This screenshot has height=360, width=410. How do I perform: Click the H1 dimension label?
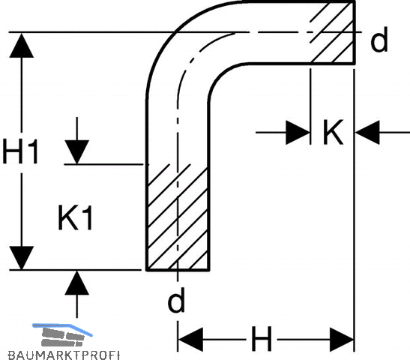tap(20, 151)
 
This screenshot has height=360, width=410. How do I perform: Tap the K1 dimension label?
tap(75, 217)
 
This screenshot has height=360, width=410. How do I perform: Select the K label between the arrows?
tap(333, 132)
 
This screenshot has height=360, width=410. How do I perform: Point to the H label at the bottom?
tap(262, 338)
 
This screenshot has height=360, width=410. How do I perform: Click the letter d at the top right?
tap(379, 39)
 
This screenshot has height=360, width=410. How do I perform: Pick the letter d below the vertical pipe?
tap(176, 299)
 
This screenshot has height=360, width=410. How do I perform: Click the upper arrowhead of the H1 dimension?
tap(22, 45)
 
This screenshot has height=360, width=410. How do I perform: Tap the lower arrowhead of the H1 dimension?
tap(22, 258)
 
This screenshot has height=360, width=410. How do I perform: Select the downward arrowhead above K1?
tap(77, 152)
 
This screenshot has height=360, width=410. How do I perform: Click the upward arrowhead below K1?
tap(77, 283)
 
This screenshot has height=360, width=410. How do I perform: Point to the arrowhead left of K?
tap(298, 133)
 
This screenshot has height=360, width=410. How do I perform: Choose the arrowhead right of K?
tap(367, 133)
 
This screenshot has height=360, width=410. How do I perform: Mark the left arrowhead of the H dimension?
tap(190, 340)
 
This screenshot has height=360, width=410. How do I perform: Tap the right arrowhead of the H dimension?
tap(342, 340)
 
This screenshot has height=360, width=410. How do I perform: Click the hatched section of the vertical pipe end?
tap(178, 217)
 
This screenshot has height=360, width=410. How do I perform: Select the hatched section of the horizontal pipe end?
tap(332, 32)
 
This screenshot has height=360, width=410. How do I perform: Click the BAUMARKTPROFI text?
tap(64, 355)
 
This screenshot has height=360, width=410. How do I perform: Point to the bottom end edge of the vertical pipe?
tap(178, 270)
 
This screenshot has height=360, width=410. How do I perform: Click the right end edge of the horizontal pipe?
tap(354, 32)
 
